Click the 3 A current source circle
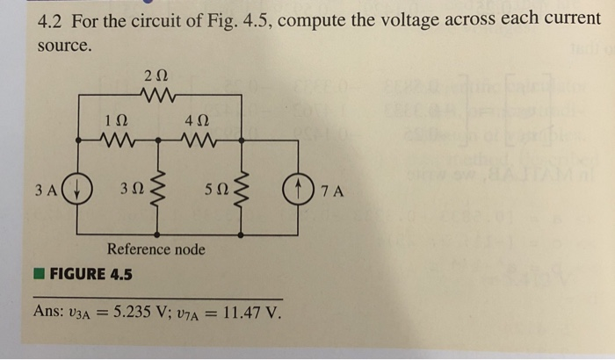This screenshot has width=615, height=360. point(77,189)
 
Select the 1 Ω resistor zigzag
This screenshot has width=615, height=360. point(115,138)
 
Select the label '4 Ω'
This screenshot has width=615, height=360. point(198,120)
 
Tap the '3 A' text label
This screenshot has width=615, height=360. point(48,189)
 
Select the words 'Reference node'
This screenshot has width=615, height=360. point(156,249)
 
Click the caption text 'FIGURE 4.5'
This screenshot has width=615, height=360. point(91,274)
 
